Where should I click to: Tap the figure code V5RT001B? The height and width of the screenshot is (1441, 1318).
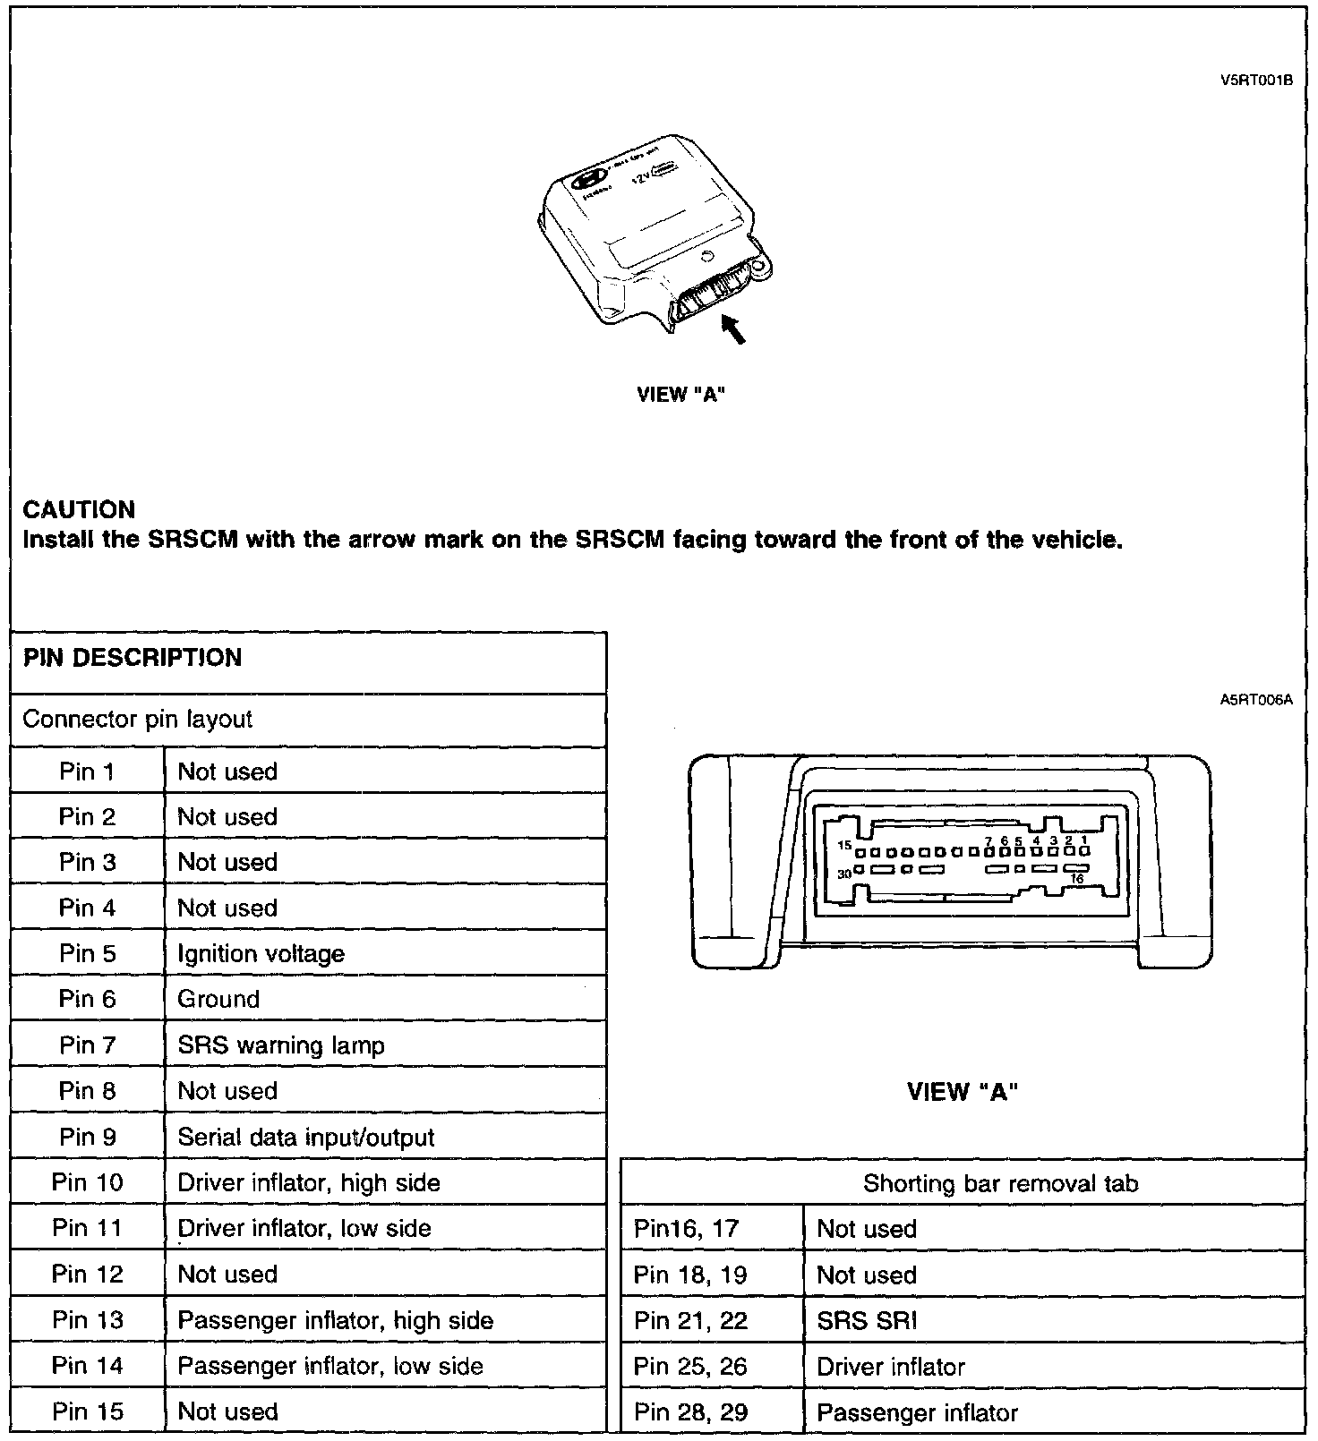click(1256, 80)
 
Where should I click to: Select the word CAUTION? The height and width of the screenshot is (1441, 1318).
click(79, 510)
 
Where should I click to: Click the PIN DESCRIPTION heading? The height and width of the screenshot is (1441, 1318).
click(133, 658)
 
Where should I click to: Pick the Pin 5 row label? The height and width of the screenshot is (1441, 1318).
click(88, 953)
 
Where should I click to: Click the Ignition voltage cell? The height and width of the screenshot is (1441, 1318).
click(261, 954)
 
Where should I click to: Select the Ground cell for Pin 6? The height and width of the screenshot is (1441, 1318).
click(218, 999)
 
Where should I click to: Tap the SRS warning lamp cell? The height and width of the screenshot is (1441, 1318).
click(281, 1045)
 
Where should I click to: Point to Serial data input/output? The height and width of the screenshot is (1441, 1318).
click(306, 1138)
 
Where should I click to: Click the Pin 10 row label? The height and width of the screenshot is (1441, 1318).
click(88, 1182)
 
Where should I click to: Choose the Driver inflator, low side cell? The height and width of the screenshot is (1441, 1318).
click(304, 1228)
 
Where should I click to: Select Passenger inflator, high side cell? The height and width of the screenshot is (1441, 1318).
click(336, 1320)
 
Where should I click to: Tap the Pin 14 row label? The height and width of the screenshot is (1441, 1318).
click(88, 1366)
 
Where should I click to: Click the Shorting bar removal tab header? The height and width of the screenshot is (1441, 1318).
click(1000, 1184)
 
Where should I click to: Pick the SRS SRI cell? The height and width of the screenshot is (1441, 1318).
click(867, 1321)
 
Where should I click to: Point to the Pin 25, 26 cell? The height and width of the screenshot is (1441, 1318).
click(690, 1367)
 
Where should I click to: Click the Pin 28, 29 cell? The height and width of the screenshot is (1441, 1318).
click(690, 1413)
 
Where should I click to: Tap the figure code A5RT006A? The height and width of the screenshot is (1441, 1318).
click(1256, 701)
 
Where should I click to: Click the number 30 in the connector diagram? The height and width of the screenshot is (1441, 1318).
click(844, 874)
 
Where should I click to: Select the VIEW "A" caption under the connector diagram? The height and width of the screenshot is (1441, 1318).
click(963, 1092)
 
